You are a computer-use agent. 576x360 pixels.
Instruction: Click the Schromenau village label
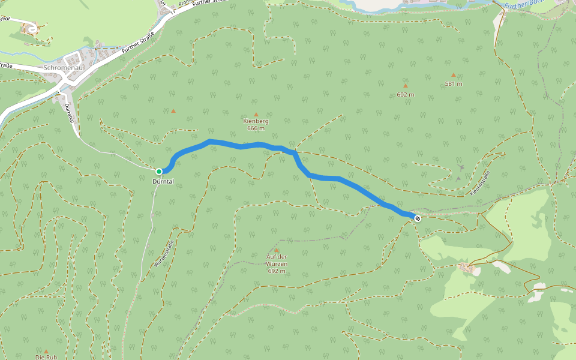63,68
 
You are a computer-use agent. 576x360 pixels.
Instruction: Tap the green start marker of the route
159,172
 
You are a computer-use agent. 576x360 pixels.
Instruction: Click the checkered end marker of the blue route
417,218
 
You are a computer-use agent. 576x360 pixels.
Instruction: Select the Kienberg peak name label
256,121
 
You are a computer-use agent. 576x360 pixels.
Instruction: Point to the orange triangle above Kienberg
256,114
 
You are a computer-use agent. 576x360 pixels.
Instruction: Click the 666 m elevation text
256,128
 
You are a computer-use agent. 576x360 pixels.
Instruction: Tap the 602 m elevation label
406,94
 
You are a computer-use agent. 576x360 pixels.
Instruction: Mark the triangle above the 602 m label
406,86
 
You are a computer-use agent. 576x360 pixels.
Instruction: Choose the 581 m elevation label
454,83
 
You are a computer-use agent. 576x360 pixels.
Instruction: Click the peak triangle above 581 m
454,76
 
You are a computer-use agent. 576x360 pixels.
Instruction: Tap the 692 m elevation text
277,271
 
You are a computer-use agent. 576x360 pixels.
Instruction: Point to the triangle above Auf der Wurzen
277,250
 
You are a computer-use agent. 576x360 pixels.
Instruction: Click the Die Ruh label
46,358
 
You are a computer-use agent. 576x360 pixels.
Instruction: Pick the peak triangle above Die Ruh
46,351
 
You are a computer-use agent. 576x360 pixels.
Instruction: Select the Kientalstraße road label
481,182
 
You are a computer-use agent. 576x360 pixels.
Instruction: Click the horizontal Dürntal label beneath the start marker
163,181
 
